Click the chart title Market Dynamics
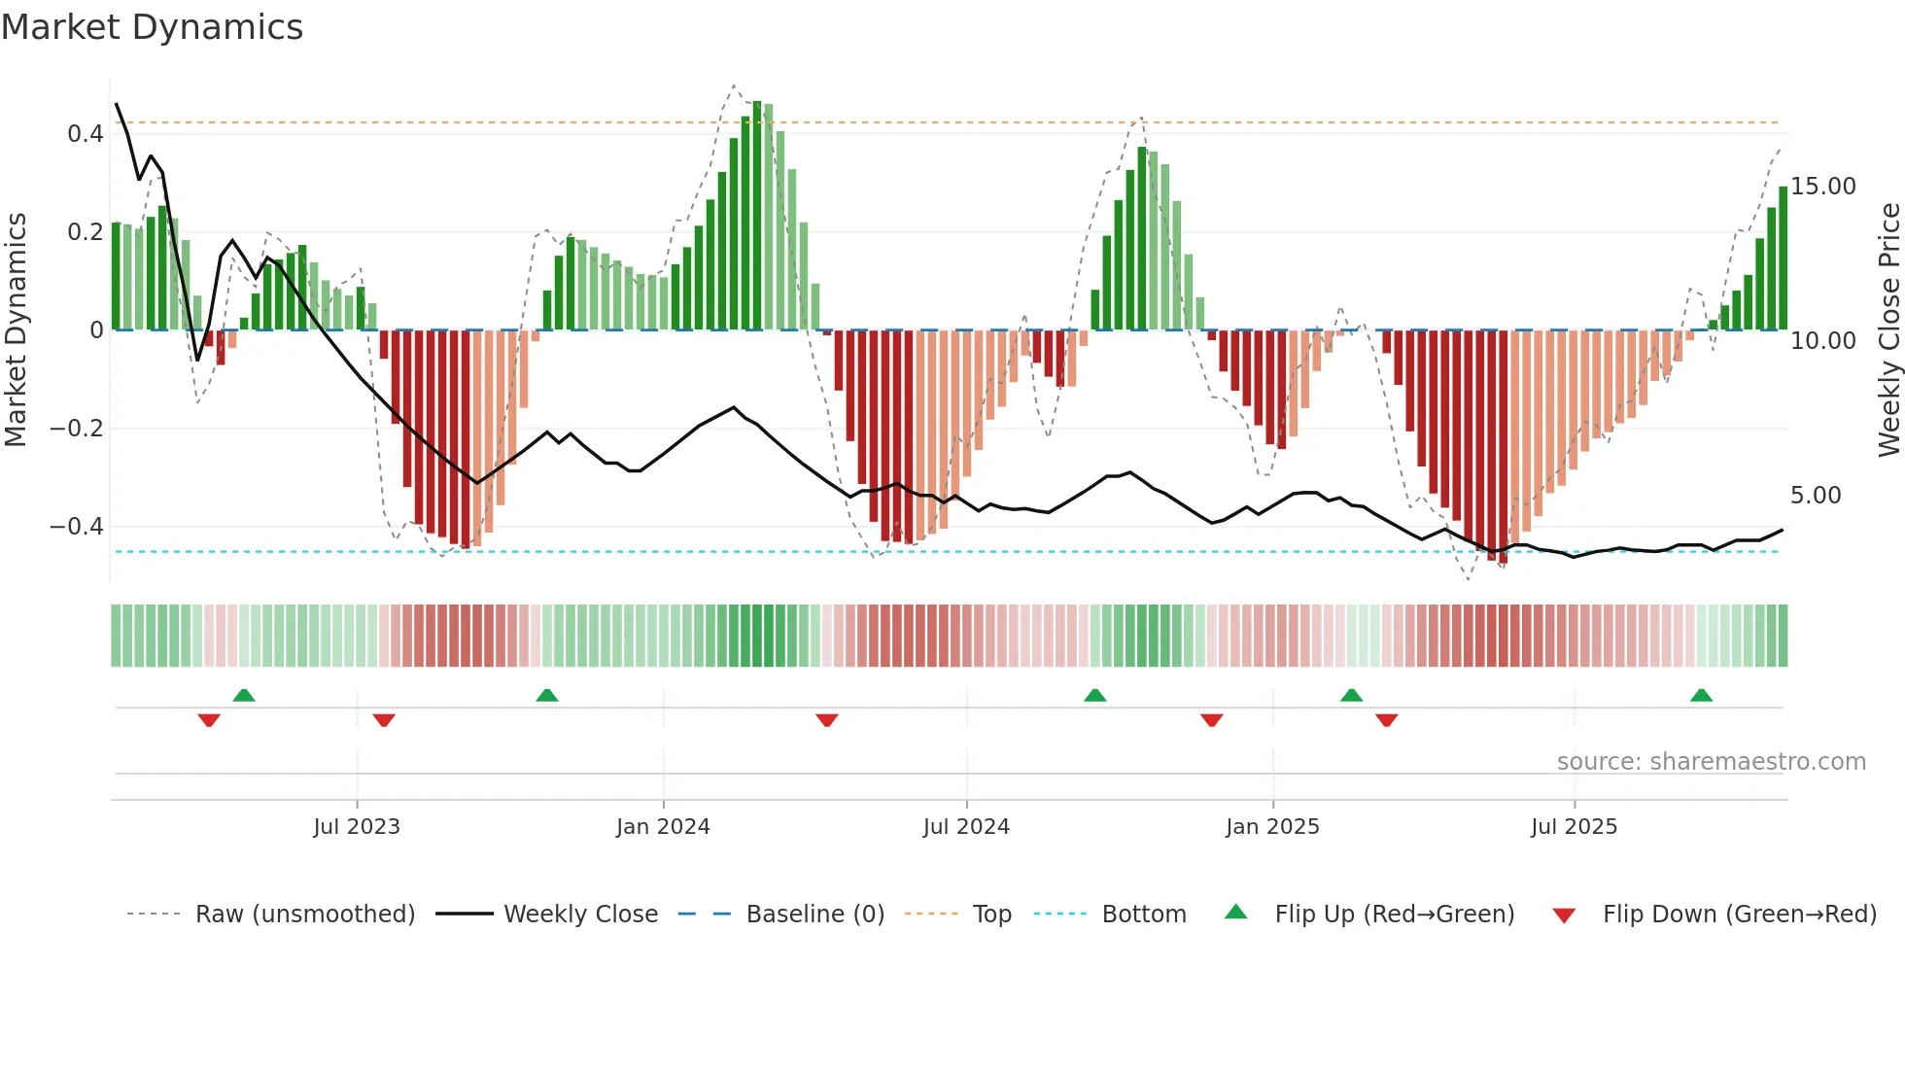click(x=152, y=27)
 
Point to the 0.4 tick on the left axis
click(x=85, y=134)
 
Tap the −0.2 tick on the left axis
click(x=76, y=429)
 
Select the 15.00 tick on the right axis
click(x=1822, y=187)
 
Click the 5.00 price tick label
click(x=1815, y=496)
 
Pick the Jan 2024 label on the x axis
click(x=663, y=827)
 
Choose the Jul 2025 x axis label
click(x=1574, y=827)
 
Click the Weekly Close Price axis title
click(x=1888, y=329)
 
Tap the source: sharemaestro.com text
click(x=1711, y=762)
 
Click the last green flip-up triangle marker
click(x=1701, y=696)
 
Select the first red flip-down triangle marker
click(x=209, y=720)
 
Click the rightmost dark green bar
click(x=1783, y=258)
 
